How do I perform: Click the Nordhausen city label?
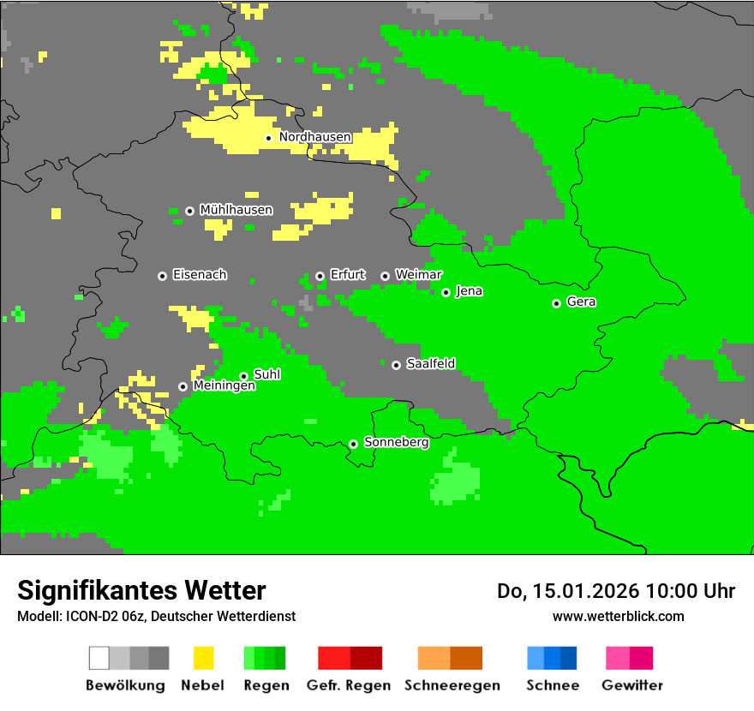[x=314, y=137]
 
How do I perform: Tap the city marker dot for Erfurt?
[x=320, y=276]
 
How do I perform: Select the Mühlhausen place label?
[x=236, y=210]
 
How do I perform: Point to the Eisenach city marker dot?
[x=162, y=276]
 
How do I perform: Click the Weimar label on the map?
[x=418, y=275]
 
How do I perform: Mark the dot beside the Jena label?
[x=446, y=292]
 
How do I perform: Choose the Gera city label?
[x=581, y=302]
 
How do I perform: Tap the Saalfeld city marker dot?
[x=396, y=365]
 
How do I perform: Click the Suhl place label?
[x=266, y=375]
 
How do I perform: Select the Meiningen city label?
[x=224, y=386]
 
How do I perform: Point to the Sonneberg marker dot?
[x=353, y=444]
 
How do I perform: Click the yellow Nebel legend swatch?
[x=204, y=658]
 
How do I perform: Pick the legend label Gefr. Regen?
[x=349, y=685]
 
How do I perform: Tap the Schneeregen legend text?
[x=452, y=685]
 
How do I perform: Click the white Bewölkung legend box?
[x=99, y=658]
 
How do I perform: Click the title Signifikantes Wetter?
[x=141, y=591]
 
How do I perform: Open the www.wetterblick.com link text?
[x=618, y=617]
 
